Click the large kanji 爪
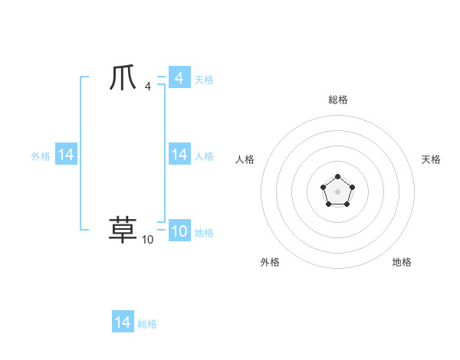tap(123, 80)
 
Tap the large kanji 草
tap(123, 229)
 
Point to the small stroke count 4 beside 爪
tap(148, 88)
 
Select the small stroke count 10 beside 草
tap(148, 240)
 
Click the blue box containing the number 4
tap(179, 78)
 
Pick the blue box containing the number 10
tap(179, 232)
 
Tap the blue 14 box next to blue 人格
tap(179, 155)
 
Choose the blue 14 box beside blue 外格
tap(66, 155)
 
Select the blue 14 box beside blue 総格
tap(123, 322)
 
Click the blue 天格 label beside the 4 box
tap(204, 80)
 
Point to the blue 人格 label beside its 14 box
tap(204, 156)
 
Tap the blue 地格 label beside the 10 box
tap(204, 233)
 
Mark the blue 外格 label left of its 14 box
tap(41, 156)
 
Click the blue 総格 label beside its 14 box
tap(147, 324)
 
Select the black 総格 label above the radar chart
tap(338, 100)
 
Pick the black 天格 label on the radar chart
tap(431, 159)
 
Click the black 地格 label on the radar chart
tap(402, 262)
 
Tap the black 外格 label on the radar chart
tap(270, 262)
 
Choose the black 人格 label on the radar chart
tap(245, 159)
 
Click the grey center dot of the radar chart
tap(337, 191)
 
